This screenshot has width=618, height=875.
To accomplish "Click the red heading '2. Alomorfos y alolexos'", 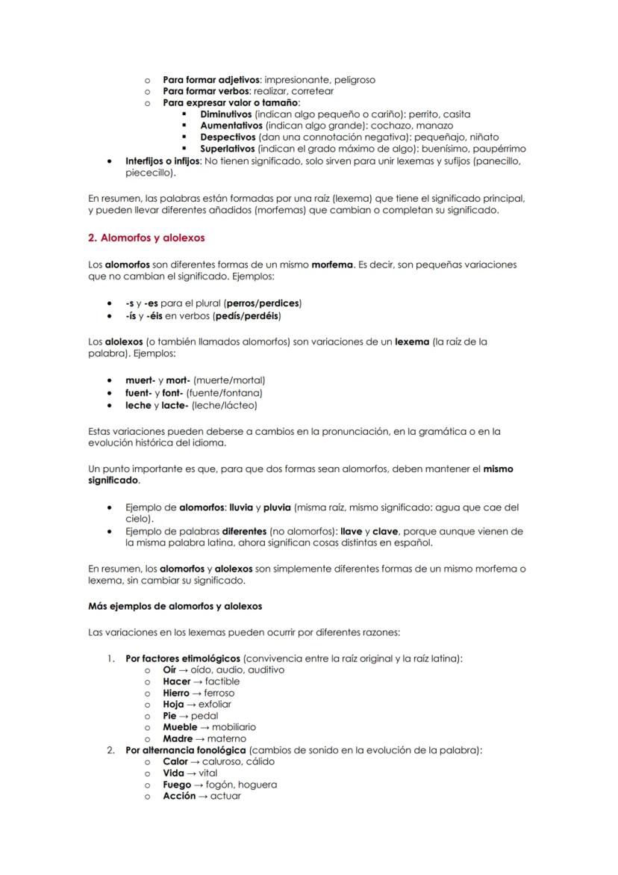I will pos(146,238).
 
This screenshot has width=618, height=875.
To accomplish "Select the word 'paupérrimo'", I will pos(499,149).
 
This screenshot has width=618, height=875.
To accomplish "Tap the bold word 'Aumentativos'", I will pos(231,126).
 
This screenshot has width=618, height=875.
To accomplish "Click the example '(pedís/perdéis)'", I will pos(246,315).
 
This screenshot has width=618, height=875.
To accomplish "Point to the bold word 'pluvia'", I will pos(277,507).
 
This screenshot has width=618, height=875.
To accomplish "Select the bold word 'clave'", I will pos(385,531).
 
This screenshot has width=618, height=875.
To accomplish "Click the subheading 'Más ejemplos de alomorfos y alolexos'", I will pos(175,606).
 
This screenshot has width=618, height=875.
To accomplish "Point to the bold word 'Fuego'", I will pos(178,785).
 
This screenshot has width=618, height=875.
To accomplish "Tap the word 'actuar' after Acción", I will pos(225,796).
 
